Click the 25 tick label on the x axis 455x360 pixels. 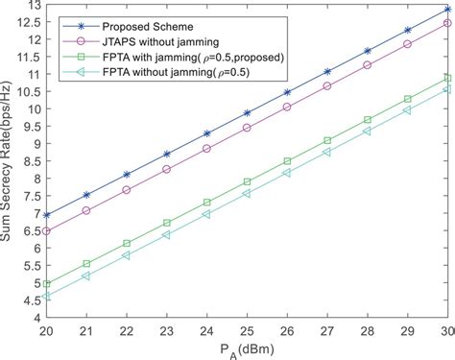coord(247,328)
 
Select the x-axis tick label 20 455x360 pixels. coord(46,328)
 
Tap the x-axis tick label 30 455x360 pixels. coord(446,328)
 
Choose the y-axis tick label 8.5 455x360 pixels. coord(29,161)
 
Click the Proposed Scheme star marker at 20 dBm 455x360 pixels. coord(46,215)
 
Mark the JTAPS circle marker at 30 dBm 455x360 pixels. coord(446,24)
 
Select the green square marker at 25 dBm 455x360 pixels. coord(247,181)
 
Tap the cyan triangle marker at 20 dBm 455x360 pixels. coord(46,296)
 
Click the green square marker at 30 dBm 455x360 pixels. coord(446,78)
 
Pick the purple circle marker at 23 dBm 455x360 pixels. coord(166,169)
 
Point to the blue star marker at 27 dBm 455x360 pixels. coord(326,71)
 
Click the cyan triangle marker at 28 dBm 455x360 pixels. coord(367,131)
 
